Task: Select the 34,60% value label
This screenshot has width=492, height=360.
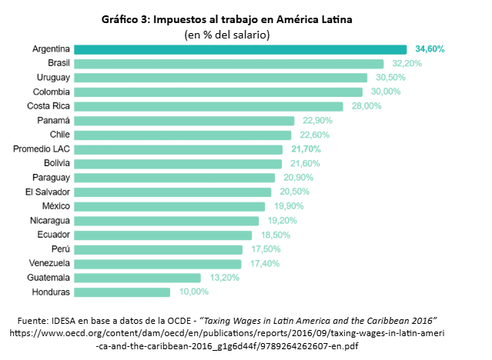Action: point(430,48)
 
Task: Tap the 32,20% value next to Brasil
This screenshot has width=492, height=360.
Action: point(407,63)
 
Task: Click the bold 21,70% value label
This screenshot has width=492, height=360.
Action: point(306,149)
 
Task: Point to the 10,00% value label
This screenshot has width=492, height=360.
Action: point(193,292)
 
